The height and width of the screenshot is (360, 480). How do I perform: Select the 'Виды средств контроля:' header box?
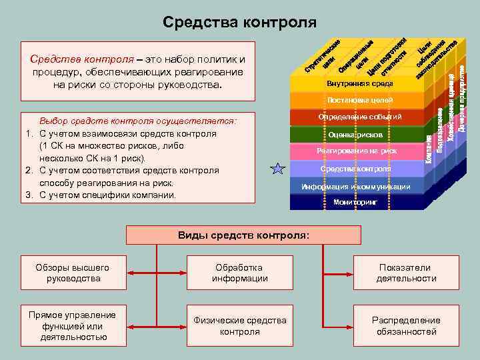[243, 235]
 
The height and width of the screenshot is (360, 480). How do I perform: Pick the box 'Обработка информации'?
[239, 273]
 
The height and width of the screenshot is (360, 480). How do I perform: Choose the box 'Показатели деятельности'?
[406, 273]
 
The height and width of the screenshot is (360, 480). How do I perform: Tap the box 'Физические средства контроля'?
[239, 326]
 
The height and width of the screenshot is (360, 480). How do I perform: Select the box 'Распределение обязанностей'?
[406, 326]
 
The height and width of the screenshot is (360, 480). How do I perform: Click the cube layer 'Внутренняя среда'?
[356, 84]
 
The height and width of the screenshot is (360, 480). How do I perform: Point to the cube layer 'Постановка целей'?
[356, 101]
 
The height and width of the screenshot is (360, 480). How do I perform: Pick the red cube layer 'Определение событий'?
[356, 117]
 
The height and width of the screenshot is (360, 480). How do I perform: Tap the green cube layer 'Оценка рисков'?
[356, 135]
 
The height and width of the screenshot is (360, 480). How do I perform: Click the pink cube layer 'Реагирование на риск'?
[356, 151]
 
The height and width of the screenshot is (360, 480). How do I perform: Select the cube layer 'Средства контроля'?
[356, 169]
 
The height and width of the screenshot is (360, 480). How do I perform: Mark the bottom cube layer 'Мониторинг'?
[356, 201]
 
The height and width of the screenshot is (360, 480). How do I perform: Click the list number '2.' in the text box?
[29, 171]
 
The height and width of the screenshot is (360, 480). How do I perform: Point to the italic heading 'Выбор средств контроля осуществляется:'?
[138, 122]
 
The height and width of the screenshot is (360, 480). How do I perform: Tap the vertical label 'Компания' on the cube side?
[429, 149]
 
